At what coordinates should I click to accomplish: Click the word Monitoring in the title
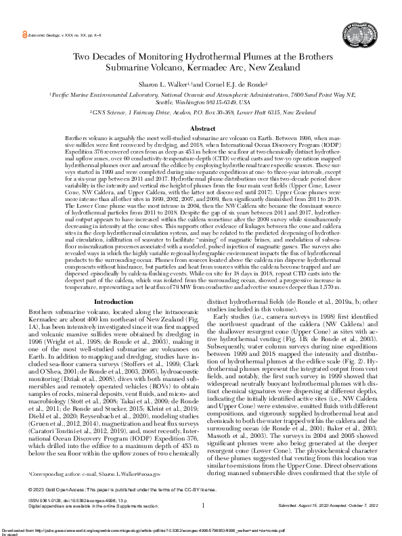179,58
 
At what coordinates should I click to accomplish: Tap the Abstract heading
202,128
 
